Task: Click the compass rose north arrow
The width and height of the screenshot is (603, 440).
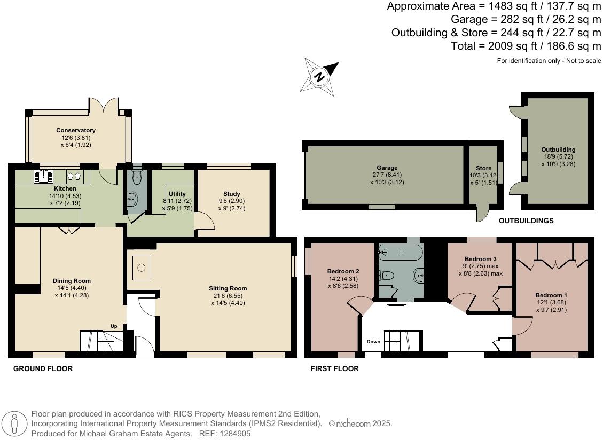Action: pos(320,77)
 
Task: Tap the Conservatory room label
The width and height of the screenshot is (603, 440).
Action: pos(76,130)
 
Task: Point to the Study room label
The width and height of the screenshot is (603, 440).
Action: pos(232,194)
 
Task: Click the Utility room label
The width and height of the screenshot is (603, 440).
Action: pos(177,194)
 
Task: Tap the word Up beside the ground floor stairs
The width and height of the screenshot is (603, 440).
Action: pos(113,326)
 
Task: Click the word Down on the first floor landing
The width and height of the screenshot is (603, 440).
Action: pos(373,342)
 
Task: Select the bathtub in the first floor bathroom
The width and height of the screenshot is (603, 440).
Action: pos(401,253)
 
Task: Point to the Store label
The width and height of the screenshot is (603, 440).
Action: pos(483,169)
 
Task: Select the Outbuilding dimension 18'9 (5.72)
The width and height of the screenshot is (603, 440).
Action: pos(558,157)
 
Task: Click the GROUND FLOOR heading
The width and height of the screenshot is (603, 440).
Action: pos(43,368)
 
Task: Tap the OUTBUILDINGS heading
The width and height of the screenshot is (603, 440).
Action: pos(526,221)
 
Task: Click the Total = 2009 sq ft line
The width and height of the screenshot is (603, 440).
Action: pos(526,46)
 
